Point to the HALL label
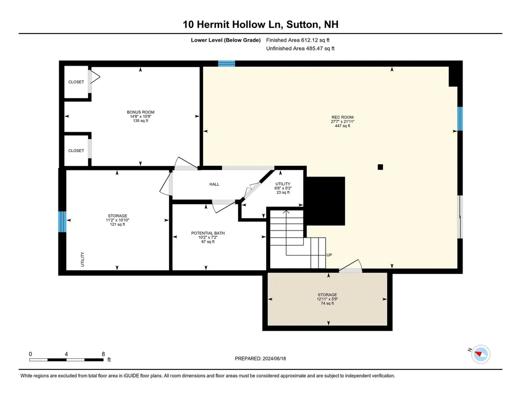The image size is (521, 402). click(x=214, y=184)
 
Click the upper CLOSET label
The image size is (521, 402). click(x=76, y=82)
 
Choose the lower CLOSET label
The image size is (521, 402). click(x=76, y=151)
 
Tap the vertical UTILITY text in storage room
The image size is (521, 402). click(x=82, y=260)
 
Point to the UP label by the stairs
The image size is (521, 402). click(x=329, y=255)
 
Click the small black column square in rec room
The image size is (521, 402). click(x=380, y=166)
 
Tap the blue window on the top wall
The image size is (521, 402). click(x=226, y=64)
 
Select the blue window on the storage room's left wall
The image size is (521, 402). click(x=62, y=222)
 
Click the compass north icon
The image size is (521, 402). click(x=481, y=354)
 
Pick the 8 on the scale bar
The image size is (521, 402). click(x=103, y=354)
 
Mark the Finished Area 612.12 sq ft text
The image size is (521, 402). click(x=301, y=40)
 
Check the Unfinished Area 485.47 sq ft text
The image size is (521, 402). click(x=300, y=49)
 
